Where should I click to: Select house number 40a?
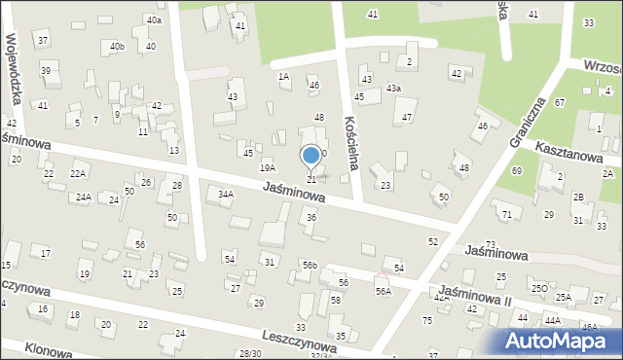[x=154, y=20]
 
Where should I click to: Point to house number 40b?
[x=117, y=46]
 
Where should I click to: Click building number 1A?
[x=283, y=75]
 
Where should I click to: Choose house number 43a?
[x=393, y=89]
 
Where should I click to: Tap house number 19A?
[x=267, y=168]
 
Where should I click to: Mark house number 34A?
[x=226, y=195]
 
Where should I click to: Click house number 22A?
[x=78, y=173]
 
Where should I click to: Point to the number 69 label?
[x=516, y=171]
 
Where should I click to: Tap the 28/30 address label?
[x=250, y=353]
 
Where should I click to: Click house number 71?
[x=506, y=213]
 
